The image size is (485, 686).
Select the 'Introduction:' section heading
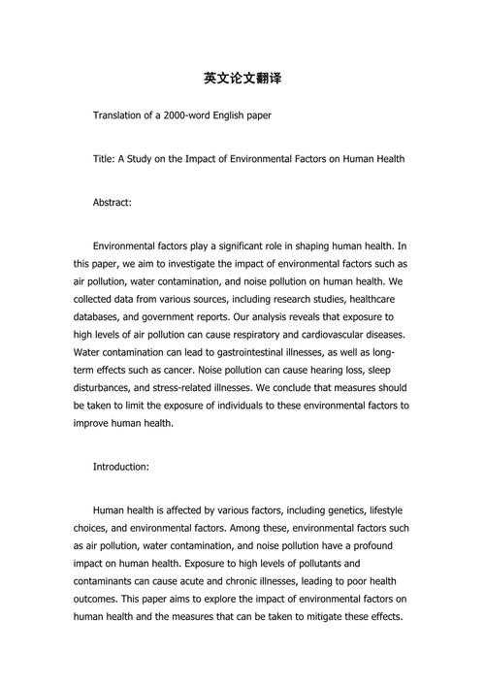click(120, 467)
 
